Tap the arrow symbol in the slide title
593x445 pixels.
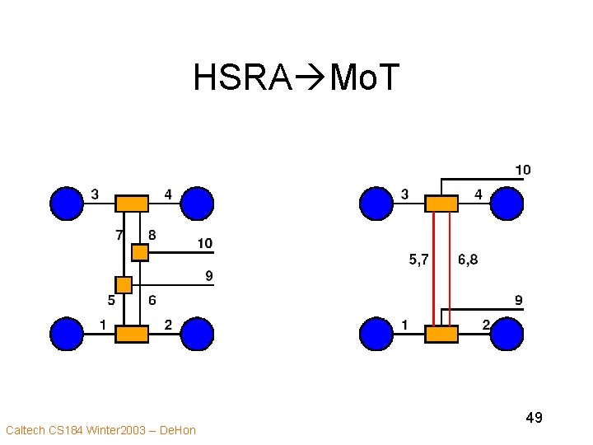[x=311, y=78]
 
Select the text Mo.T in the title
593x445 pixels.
[x=364, y=78]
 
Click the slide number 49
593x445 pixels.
[x=534, y=418]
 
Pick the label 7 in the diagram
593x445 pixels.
[x=119, y=234]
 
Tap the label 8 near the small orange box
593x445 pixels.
[x=152, y=234]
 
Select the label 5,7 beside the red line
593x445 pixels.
[x=418, y=260]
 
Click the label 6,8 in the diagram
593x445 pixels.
[x=468, y=260]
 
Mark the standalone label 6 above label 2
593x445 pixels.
[x=152, y=300]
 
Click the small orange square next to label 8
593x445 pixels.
[x=140, y=252]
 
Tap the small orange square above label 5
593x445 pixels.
[x=124, y=285]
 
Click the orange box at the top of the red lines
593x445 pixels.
[x=441, y=203]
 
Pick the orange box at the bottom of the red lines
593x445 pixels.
[x=441, y=334]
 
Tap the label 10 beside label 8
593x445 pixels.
[x=204, y=243]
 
